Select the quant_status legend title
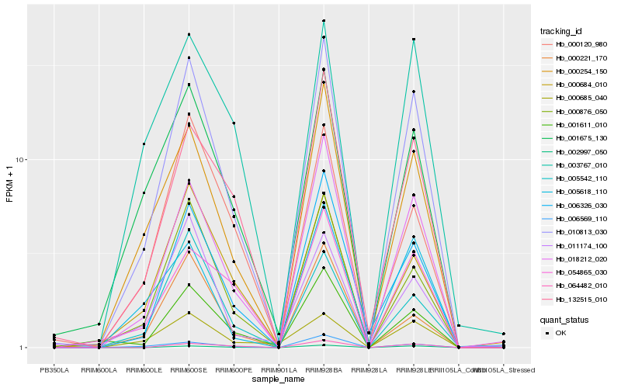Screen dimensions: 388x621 (x=564, y=319)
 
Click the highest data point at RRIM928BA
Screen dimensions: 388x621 (x=324, y=21)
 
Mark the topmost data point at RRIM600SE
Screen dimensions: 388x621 (x=189, y=34)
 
